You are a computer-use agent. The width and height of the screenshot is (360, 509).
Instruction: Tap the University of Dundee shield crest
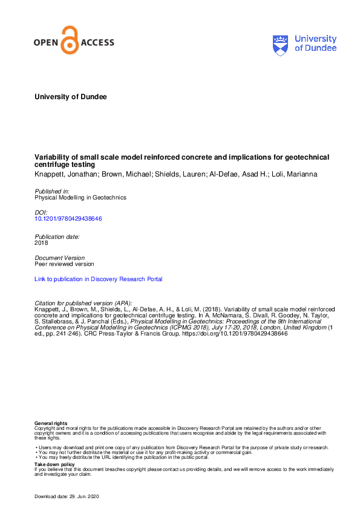[x=281, y=44]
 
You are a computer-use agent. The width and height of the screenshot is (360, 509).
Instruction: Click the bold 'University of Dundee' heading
[x=71, y=97]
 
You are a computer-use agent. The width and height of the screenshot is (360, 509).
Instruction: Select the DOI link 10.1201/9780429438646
[x=68, y=219]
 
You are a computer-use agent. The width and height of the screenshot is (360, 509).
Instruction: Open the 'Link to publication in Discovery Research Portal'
[x=99, y=279]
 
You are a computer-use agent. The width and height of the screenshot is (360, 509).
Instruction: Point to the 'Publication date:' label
[x=57, y=236]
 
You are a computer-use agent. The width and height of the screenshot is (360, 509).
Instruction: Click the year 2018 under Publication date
[x=42, y=242]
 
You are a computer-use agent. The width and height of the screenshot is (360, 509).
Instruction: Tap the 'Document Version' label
[x=59, y=258]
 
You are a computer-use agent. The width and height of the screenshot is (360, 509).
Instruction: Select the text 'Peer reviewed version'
[x=64, y=264]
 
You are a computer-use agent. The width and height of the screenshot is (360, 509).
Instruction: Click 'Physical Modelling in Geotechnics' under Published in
[x=80, y=197]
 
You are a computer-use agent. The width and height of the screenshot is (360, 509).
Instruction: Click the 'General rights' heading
[x=51, y=423]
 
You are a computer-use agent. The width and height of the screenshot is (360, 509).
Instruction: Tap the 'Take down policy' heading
[x=54, y=464]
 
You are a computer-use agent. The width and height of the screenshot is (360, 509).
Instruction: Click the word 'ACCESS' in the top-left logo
[x=97, y=43]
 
